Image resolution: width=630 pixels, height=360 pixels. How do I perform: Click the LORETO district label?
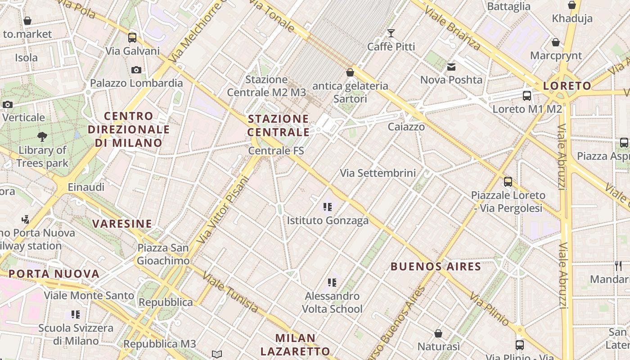pyautogui.click(x=567, y=86)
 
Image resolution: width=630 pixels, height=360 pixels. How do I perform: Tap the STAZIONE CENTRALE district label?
pyautogui.click(x=279, y=126)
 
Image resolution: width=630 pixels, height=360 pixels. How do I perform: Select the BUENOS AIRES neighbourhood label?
pyautogui.click(x=436, y=266)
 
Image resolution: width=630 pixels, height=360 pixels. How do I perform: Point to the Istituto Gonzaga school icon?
pyautogui.click(x=328, y=207)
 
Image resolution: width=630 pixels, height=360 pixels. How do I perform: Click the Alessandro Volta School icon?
pyautogui.click(x=332, y=283)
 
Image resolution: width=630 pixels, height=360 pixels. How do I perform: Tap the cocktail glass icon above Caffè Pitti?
pyautogui.click(x=391, y=33)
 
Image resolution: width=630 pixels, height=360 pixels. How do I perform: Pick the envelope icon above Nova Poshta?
pyautogui.click(x=451, y=67)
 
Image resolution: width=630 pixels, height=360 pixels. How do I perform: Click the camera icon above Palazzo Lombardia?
pyautogui.click(x=136, y=70)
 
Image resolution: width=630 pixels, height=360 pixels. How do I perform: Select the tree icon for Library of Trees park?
pyautogui.click(x=42, y=136)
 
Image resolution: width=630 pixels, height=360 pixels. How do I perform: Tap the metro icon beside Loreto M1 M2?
pyautogui.click(x=526, y=96)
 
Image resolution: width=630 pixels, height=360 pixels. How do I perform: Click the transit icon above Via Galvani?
pyautogui.click(x=132, y=38)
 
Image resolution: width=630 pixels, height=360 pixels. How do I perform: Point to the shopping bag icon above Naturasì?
pyautogui.click(x=438, y=333)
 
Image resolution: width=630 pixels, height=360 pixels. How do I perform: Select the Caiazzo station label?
pyautogui.click(x=406, y=127)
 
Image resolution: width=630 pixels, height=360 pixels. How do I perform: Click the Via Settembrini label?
pyautogui.click(x=378, y=173)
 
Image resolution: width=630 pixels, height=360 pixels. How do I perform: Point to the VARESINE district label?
pyautogui.click(x=122, y=224)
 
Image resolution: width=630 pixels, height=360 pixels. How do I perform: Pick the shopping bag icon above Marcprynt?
pyautogui.click(x=556, y=43)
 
